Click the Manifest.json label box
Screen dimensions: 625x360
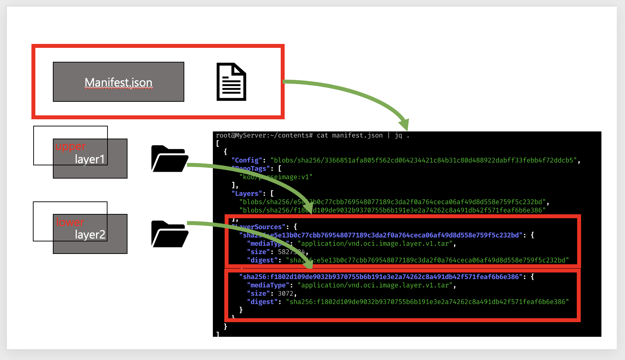tap(118, 82)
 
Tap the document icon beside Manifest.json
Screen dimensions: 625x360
tap(231, 82)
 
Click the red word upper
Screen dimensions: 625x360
tap(70, 146)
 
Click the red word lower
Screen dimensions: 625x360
tap(70, 222)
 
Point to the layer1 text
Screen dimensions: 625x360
tap(90, 159)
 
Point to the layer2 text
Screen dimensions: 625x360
tap(90, 235)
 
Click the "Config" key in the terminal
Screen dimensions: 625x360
tap(247, 160)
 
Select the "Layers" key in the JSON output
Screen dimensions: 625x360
tap(247, 194)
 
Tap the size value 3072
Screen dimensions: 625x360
tap(286, 294)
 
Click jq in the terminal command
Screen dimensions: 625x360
tap(398, 135)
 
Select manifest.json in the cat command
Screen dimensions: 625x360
tap(357, 135)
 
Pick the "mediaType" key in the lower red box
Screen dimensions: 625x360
tap(268, 285)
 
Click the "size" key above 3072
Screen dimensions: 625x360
tap(258, 294)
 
